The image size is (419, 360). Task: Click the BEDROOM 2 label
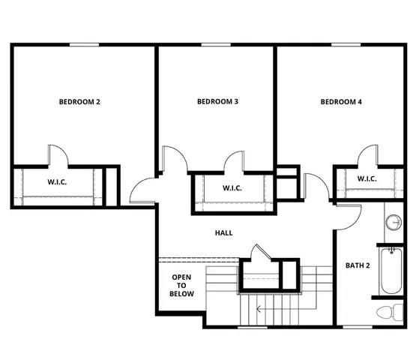pos(79,101)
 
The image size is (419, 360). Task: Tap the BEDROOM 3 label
pos(217,101)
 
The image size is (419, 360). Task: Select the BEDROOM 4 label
pos(341,101)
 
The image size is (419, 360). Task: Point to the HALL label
pos(223,232)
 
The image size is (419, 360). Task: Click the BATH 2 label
pos(356,265)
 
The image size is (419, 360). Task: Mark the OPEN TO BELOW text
pos(182,286)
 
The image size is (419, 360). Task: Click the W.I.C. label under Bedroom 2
pos(58,181)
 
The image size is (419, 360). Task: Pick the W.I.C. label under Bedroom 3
pos(232,188)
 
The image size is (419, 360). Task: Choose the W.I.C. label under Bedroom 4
pos(367,178)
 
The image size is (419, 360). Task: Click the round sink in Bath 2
pos(394,222)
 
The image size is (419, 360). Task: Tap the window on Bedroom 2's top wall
pos(85,45)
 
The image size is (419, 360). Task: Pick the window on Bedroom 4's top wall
pos(343,45)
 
